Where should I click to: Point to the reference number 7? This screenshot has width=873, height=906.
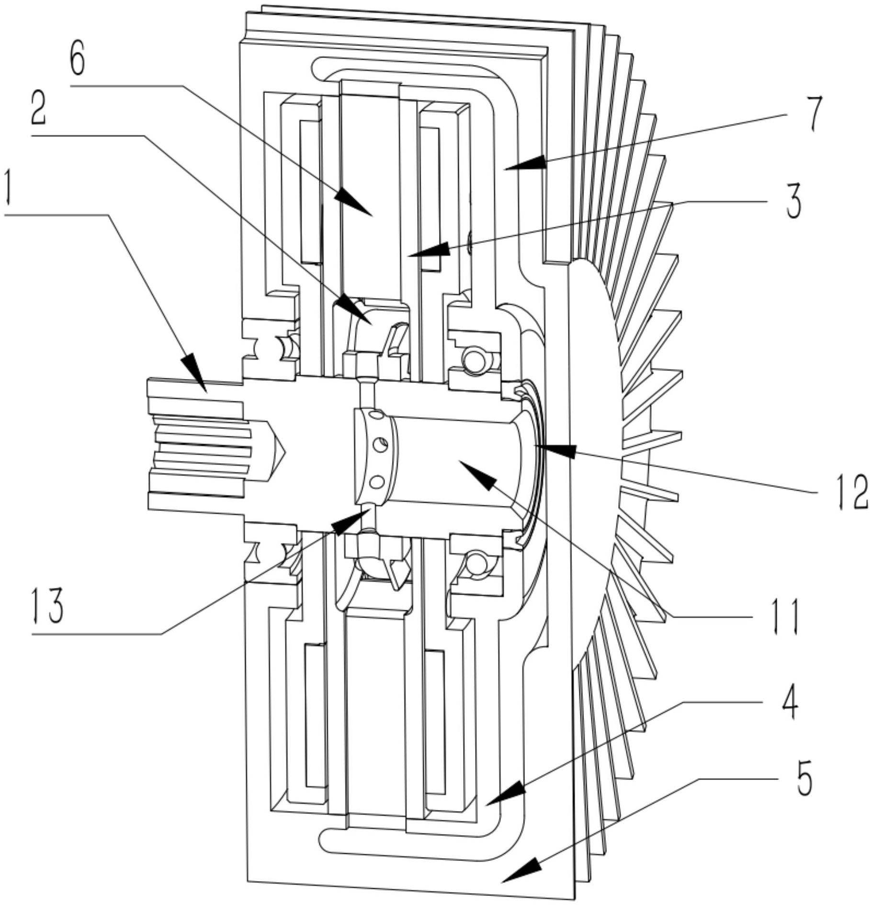[x=812, y=113]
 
